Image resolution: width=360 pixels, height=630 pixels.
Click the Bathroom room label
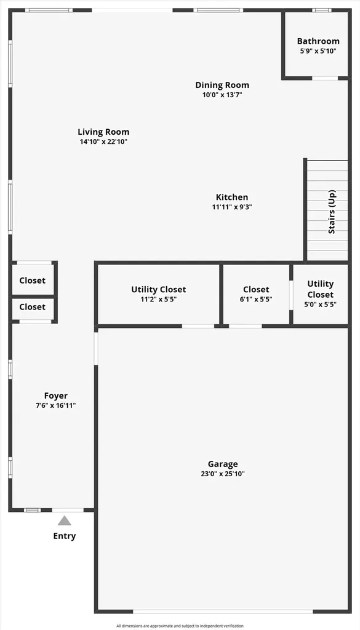coord(318,41)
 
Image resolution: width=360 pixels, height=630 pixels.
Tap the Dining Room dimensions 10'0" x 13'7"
coord(222,95)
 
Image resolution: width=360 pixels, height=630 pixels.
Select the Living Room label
coord(103,132)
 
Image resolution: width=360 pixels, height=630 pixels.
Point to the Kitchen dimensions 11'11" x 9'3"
coord(232,207)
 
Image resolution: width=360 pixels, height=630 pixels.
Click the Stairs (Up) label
coord(332,212)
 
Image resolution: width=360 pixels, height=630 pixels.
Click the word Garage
coord(223,464)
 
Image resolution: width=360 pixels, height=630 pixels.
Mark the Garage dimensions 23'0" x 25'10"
coord(223,474)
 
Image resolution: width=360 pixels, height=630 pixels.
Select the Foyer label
coord(56,396)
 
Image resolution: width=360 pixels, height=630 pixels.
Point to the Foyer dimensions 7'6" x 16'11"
coord(56,406)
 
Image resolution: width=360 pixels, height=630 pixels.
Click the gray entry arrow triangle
coord(64,521)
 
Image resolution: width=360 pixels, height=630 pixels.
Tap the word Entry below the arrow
coord(64,536)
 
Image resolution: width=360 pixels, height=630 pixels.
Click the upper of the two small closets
coord(33,280)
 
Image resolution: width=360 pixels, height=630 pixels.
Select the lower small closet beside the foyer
coord(33,308)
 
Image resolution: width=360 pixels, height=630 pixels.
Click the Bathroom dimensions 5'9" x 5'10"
coord(318,51)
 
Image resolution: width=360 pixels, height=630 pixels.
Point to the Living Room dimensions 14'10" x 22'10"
coord(103,142)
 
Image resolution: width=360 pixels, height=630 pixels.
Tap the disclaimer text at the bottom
coord(180,626)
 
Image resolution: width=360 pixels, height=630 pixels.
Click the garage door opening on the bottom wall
coord(223,612)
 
